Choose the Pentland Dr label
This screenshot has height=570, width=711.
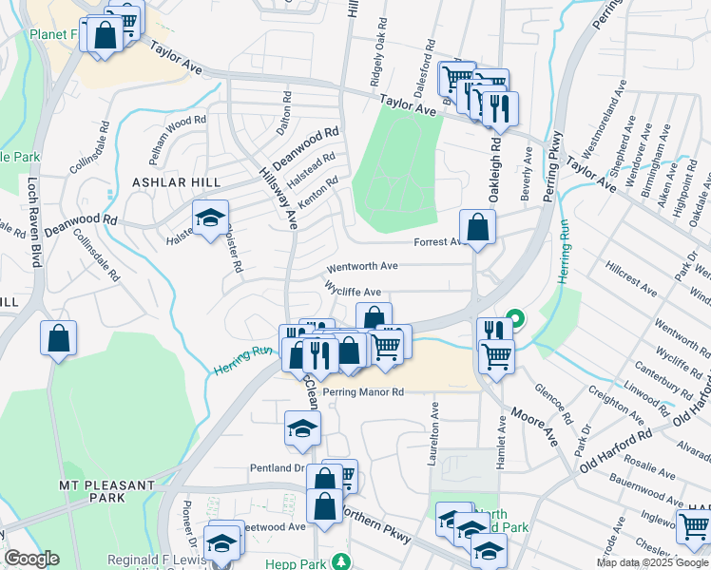point(276,468)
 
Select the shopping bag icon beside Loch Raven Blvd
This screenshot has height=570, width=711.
point(58,338)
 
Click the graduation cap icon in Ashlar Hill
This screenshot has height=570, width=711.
point(210,218)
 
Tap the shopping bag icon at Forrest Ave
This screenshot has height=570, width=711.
point(477,227)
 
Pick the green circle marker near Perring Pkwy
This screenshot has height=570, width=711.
point(515,317)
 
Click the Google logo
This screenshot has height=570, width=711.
point(31,560)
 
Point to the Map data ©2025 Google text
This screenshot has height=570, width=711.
point(652,562)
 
